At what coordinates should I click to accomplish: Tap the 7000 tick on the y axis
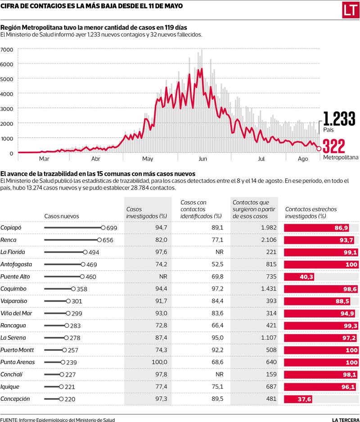8,50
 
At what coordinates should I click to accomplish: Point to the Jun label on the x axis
202,159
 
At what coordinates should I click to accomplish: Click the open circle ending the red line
319,149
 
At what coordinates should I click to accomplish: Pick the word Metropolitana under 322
341,158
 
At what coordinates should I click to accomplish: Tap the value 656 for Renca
108,240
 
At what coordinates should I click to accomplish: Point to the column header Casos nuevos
62,216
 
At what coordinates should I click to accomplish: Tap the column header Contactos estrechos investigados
311,213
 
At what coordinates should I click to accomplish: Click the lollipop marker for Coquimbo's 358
73,289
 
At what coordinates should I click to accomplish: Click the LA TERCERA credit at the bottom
346,419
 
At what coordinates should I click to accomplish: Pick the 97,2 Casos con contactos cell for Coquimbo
217,289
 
